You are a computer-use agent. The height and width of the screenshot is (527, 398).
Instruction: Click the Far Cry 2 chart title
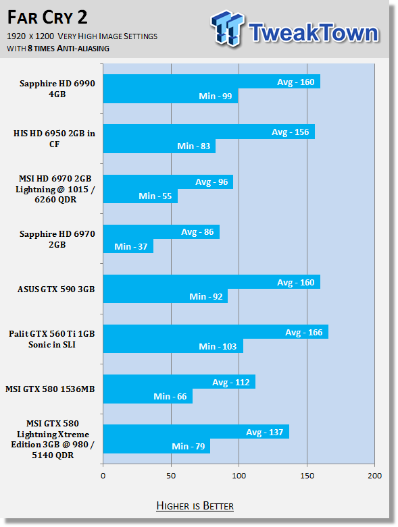[47, 18]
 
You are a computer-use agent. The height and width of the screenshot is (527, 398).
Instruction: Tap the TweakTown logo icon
[228, 28]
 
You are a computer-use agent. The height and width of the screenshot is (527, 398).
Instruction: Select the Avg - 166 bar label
[304, 333]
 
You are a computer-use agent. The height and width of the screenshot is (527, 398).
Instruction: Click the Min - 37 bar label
[131, 247]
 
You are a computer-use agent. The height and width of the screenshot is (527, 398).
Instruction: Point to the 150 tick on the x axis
[307, 476]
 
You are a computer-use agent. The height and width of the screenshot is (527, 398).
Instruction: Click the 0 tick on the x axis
[103, 476]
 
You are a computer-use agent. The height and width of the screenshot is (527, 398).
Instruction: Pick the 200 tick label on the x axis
[374, 476]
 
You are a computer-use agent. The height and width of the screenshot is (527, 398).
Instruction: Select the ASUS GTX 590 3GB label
[56, 289]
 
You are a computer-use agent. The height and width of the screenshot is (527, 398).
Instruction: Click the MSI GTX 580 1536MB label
[50, 389]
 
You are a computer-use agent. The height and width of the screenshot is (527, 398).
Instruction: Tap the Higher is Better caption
[195, 506]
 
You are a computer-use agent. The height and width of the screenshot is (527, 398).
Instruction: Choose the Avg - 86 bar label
[197, 232]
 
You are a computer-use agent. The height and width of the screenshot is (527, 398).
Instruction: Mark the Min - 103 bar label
[218, 347]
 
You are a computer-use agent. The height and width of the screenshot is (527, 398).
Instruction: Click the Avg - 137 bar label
[264, 433]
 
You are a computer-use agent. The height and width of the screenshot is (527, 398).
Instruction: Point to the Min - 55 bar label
[155, 196]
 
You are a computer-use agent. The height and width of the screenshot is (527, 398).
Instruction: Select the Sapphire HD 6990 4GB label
[57, 88]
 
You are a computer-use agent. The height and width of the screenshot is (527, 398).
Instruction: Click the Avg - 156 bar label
[291, 132]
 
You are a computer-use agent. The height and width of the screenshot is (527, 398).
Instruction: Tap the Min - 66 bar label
[170, 397]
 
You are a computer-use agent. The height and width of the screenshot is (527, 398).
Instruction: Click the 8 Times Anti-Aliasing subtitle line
[58, 49]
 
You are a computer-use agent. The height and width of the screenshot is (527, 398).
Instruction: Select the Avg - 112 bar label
[231, 383]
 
